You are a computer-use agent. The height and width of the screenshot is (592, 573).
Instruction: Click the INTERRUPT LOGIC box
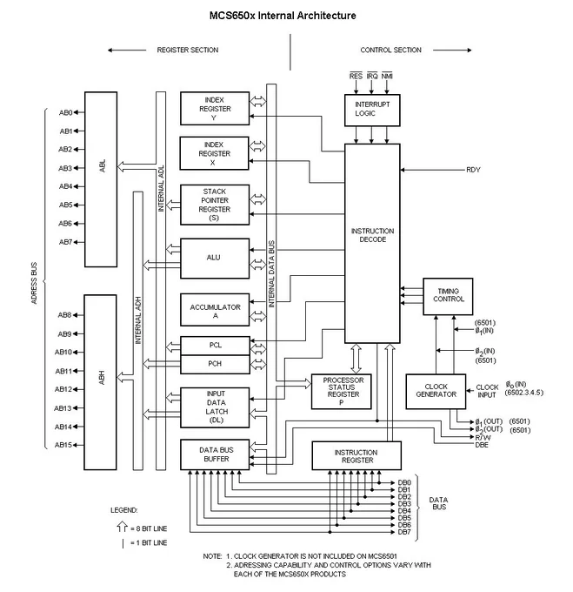[372, 111]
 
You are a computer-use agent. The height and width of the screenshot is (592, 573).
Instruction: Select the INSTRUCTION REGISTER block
[356, 455]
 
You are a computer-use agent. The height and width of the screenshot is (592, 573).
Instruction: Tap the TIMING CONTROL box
[448, 296]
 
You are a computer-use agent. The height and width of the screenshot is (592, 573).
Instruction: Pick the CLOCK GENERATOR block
[436, 391]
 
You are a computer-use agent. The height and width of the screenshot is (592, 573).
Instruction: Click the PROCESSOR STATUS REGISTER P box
[342, 391]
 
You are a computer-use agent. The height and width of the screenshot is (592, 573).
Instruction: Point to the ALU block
[215, 259]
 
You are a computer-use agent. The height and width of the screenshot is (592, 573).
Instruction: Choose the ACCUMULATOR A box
[215, 310]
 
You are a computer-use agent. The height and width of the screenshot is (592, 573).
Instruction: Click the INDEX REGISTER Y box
[215, 108]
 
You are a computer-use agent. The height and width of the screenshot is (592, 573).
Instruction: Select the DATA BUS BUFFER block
[215, 454]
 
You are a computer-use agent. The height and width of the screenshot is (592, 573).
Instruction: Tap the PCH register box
[215, 364]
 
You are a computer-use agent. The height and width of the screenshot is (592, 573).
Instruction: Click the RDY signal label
[473, 170]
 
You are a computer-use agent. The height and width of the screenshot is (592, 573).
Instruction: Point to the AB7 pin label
[65, 242]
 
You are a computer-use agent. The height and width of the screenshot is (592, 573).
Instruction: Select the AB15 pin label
[63, 445]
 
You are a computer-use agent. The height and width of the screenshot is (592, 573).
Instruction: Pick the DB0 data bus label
[404, 482]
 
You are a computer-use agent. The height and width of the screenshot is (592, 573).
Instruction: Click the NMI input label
[387, 76]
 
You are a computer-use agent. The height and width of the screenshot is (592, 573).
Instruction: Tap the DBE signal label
[482, 445]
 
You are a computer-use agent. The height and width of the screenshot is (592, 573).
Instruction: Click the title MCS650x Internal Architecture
[283, 16]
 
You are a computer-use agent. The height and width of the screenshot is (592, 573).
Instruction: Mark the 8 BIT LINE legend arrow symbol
[122, 527]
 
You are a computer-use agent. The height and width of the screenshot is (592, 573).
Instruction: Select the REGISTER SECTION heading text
[188, 50]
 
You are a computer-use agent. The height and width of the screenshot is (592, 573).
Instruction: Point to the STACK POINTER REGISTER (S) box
[215, 205]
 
